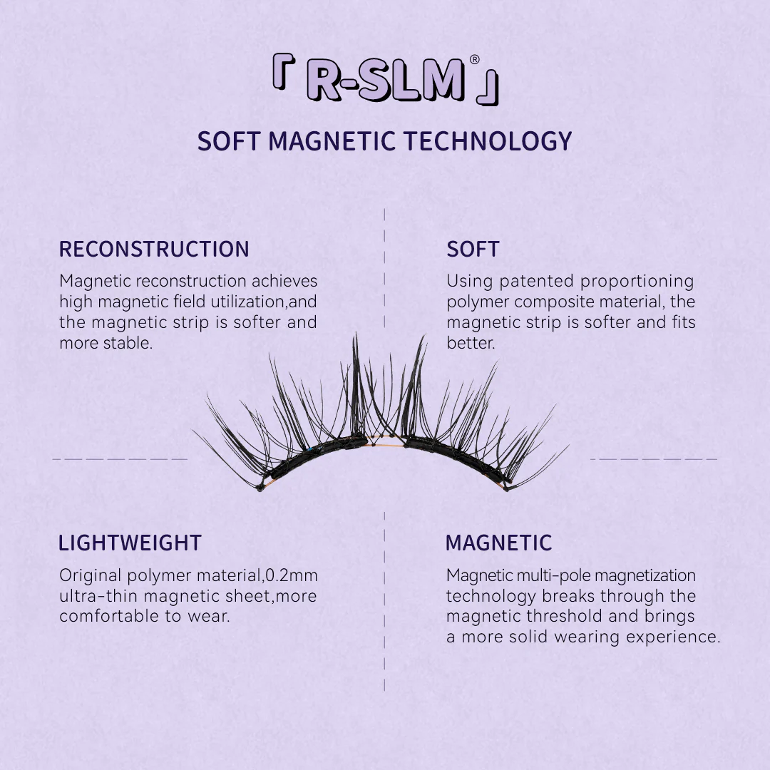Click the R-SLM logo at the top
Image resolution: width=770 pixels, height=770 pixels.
click(x=386, y=80)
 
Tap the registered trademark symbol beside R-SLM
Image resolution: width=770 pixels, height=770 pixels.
click(x=474, y=59)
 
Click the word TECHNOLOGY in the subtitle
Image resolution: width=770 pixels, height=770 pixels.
click(x=488, y=141)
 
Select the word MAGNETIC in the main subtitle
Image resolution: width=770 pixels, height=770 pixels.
click(x=332, y=141)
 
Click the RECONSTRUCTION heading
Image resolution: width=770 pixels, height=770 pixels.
click(x=154, y=249)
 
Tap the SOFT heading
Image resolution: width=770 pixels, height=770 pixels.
click(x=473, y=249)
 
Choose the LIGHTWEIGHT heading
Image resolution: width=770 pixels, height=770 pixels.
click(x=130, y=543)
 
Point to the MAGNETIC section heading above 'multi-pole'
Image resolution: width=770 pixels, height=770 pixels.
click(x=498, y=543)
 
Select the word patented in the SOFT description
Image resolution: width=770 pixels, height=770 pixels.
click(x=537, y=282)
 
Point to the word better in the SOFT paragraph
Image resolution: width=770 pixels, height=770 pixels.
click(x=471, y=343)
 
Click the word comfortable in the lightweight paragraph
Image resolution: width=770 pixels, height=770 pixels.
click(x=109, y=616)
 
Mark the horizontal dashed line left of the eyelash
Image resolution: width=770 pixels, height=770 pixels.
click(x=120, y=459)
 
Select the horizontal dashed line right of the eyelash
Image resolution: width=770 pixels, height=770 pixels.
click(x=654, y=459)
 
